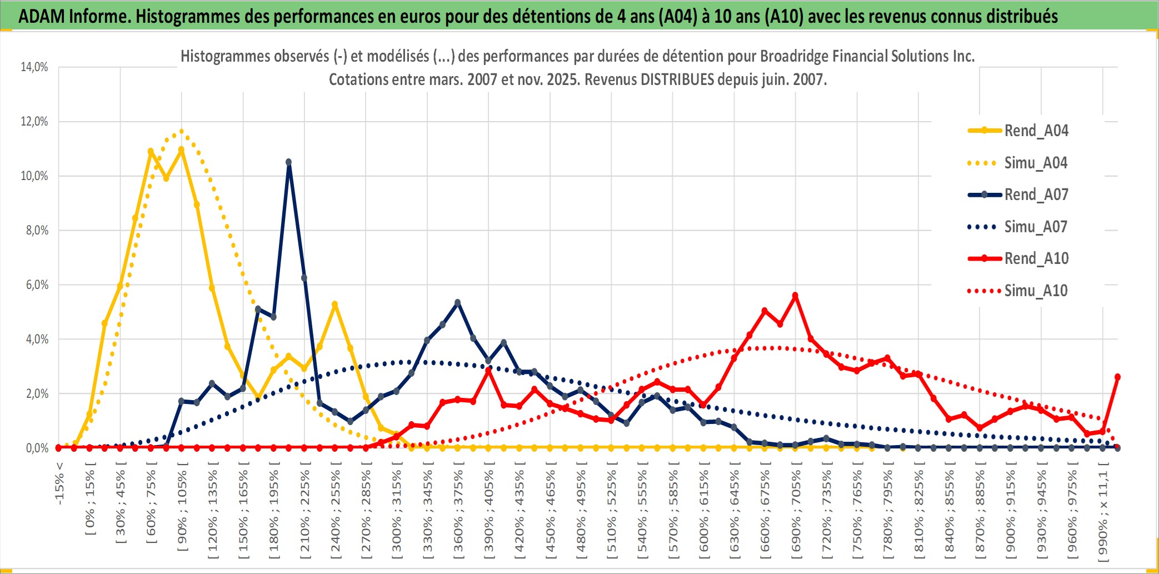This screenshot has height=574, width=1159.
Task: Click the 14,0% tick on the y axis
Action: pyautogui.click(x=34, y=67)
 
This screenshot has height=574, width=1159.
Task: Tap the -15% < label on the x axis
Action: pyautogui.click(x=59, y=483)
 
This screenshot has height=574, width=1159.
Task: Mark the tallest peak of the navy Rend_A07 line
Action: pyautogui.click(x=288, y=162)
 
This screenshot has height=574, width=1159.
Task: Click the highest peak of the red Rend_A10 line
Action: pyautogui.click(x=795, y=296)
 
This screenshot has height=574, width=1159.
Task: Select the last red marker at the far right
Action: pyautogui.click(x=1117, y=377)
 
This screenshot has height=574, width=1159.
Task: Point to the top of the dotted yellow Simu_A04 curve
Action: pyautogui.click(x=181, y=132)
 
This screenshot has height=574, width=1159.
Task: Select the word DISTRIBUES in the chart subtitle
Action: pyautogui.click(x=677, y=79)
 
